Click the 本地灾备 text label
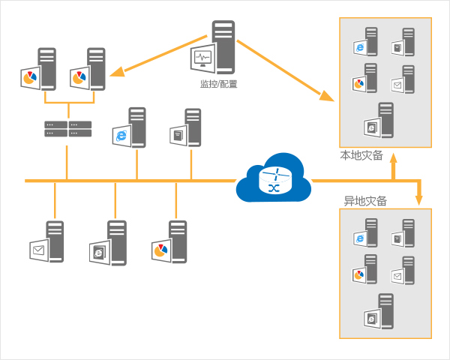[361, 156]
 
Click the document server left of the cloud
[186, 127]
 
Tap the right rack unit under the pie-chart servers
[79, 129]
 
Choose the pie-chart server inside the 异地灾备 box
[365, 270]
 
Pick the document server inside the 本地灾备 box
[403, 43]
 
